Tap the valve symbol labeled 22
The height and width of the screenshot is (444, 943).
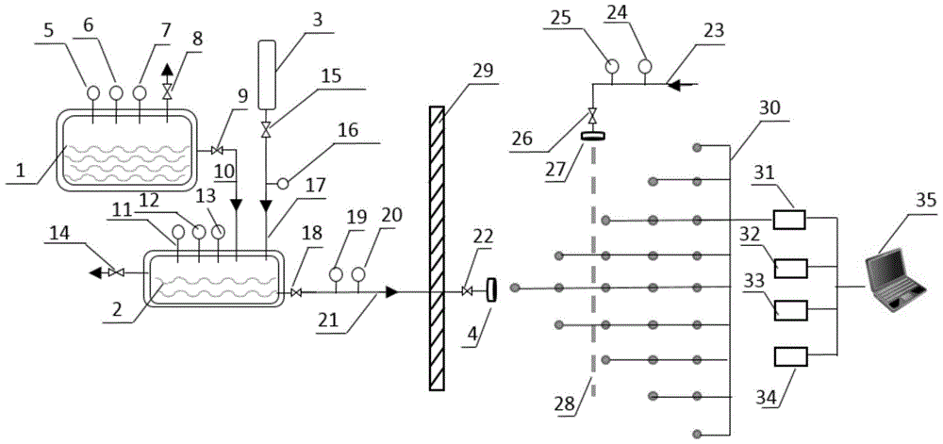point(468,292)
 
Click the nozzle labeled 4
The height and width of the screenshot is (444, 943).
point(491,290)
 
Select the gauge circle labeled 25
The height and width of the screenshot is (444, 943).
point(611,66)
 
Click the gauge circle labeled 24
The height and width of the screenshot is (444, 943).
point(645,66)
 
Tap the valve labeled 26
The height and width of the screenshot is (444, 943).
point(593,117)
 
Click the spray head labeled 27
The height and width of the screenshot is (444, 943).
point(593,135)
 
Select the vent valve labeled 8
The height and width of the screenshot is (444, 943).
point(168,90)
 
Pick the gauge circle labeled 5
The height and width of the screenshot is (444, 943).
point(94,93)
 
